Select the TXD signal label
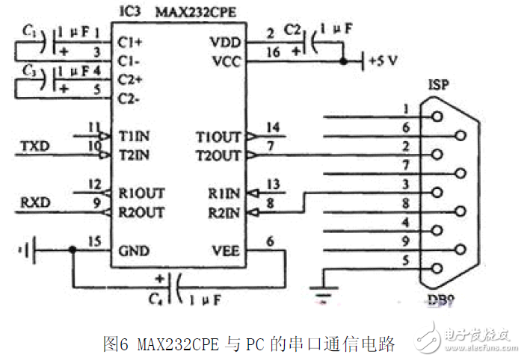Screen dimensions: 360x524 (34, 146)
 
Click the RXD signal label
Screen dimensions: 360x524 (34, 202)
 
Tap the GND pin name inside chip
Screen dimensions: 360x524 (134, 251)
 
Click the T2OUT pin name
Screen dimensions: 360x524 (218, 156)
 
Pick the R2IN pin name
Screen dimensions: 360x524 (225, 213)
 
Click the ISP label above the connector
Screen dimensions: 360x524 (438, 84)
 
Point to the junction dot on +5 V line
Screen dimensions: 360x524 (342, 61)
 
